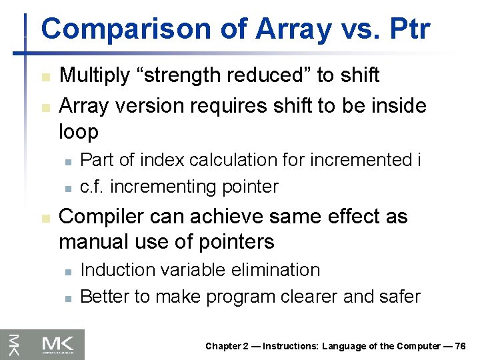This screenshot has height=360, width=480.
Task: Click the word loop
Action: pyautogui.click(x=78, y=131)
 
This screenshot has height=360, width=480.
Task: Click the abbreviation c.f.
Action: pyautogui.click(x=92, y=187)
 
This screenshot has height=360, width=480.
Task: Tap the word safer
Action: pyautogui.click(x=399, y=297)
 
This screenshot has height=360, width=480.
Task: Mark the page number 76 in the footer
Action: pyautogui.click(x=459, y=346)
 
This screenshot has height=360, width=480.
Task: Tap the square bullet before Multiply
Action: pyautogui.click(x=44, y=77)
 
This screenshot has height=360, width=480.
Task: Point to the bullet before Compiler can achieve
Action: pyautogui.click(x=44, y=219)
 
